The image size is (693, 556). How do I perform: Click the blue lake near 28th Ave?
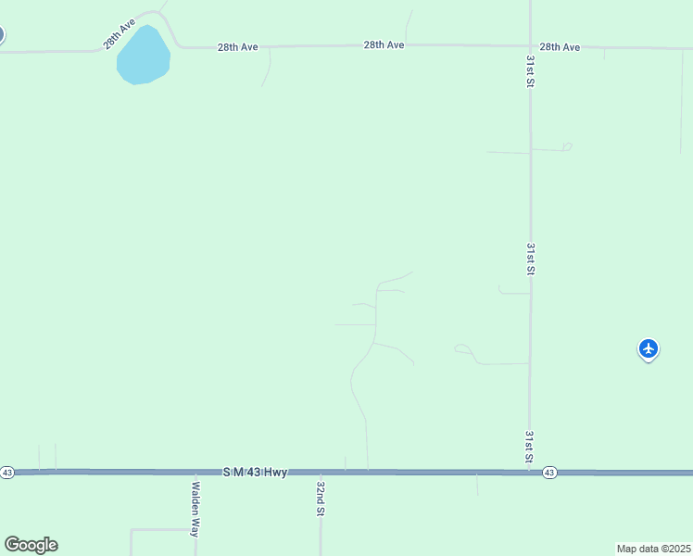143,57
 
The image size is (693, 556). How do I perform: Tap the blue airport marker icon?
649,349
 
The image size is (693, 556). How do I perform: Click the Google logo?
31,545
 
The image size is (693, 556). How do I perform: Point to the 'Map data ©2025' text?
653,549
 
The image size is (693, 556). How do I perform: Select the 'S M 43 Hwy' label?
255,473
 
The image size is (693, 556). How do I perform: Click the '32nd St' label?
321,498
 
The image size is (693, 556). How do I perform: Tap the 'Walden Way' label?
195,509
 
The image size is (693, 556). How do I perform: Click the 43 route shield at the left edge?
7,473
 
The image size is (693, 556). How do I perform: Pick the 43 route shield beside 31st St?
549,473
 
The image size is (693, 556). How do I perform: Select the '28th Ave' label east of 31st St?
560,46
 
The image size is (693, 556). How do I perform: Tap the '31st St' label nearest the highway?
530,446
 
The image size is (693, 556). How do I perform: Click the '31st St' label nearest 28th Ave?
531,71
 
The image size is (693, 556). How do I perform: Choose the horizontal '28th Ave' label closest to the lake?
238,46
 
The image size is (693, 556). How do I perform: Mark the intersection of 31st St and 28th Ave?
531,46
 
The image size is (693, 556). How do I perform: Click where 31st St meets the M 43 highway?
530,472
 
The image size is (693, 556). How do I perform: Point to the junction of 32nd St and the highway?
321,473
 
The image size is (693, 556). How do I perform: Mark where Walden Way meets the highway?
195,473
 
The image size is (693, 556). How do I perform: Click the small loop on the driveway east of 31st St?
567,146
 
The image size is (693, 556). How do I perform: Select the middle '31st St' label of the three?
531,259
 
